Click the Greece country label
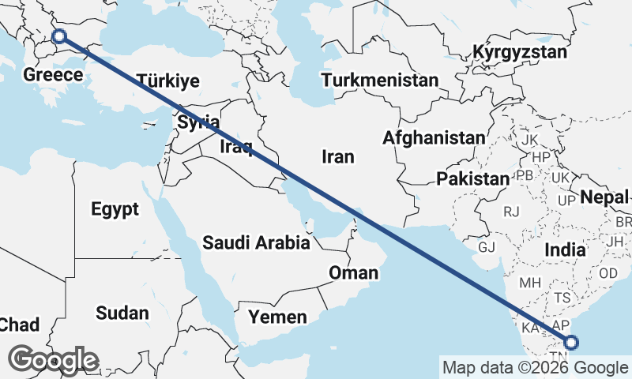click(53, 76)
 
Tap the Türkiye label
click(167, 81)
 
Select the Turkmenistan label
click(379, 81)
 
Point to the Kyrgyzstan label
click(520, 53)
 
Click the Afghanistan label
click(434, 138)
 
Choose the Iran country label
click(337, 156)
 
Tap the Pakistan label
click(472, 178)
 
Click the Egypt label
click(115, 209)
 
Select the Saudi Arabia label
click(256, 242)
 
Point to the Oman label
click(353, 273)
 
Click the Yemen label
click(277, 317)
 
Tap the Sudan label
click(122, 313)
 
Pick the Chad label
click(19, 324)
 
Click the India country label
click(565, 250)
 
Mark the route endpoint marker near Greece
click(58, 36)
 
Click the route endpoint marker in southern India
click(571, 342)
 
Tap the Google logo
click(55, 360)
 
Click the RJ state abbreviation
click(512, 212)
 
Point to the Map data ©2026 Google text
click(534, 367)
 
